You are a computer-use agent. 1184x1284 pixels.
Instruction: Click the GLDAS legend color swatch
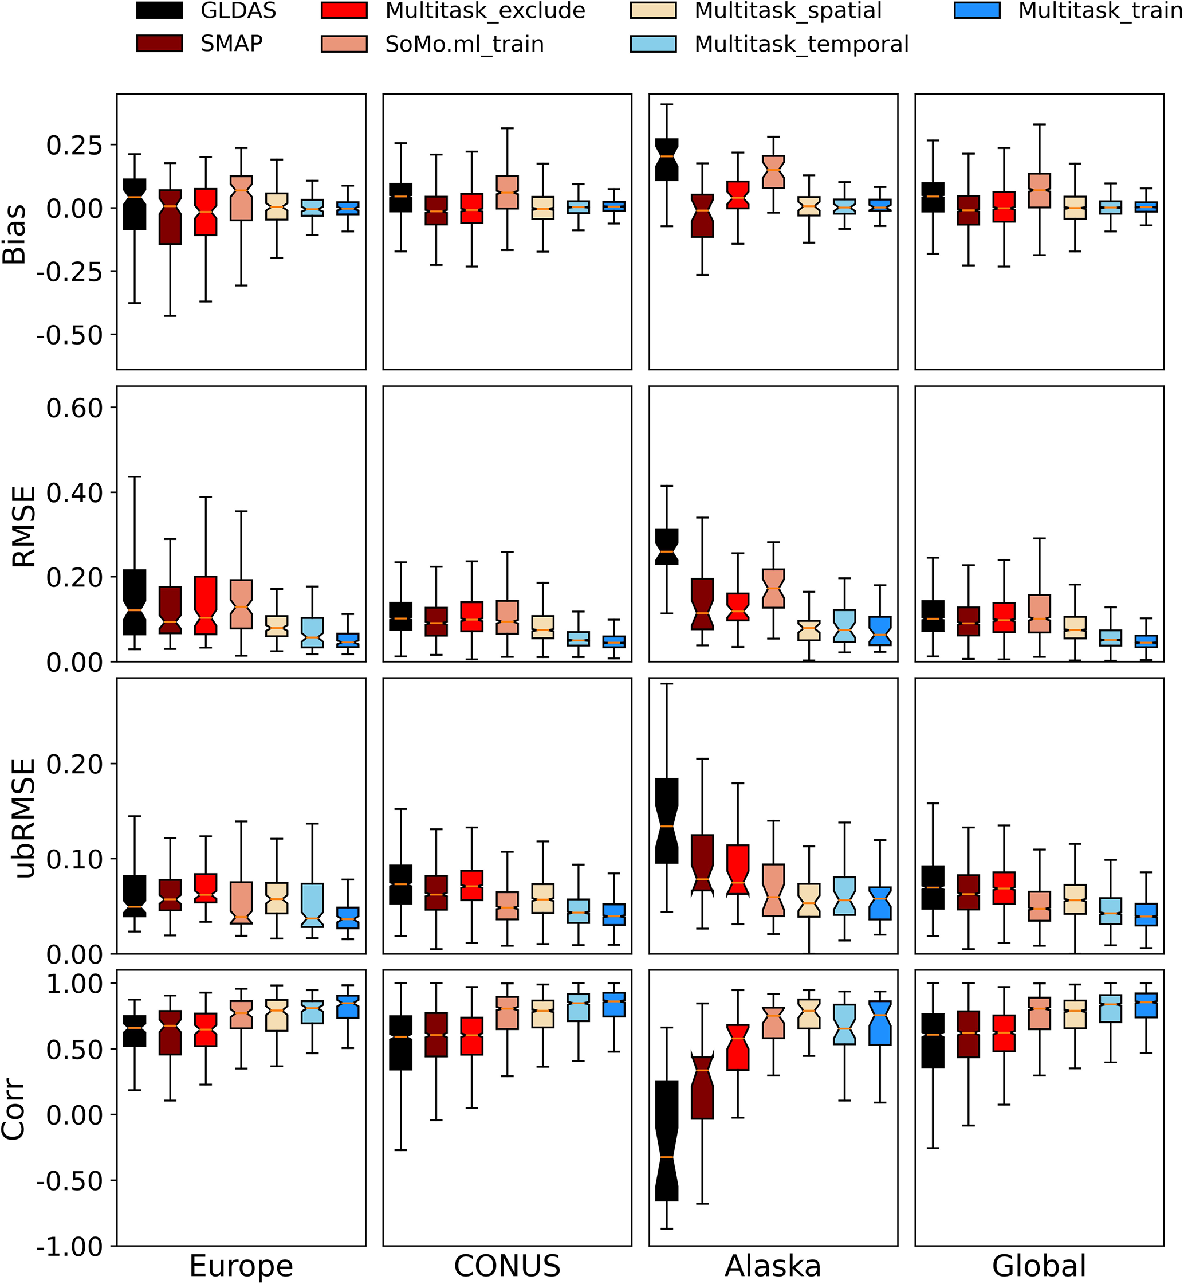point(160,11)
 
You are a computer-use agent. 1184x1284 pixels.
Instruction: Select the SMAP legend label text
point(231,44)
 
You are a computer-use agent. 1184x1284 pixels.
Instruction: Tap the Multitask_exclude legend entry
point(485,11)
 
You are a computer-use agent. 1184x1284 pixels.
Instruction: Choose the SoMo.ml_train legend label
point(465,44)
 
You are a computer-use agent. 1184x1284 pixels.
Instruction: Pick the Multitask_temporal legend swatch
point(653,44)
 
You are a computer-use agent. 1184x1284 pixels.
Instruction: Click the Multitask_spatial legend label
point(788,11)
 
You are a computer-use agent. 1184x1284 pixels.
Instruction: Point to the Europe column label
point(241,1266)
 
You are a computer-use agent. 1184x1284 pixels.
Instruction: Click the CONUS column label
point(507,1266)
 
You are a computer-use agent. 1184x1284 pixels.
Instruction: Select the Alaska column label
point(773,1266)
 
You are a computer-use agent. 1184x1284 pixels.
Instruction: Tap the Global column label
point(1039,1266)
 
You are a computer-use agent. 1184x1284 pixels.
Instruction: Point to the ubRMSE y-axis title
point(25,817)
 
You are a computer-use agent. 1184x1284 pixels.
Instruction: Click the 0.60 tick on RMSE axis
point(74,408)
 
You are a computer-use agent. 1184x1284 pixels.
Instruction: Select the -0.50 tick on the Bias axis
point(69,335)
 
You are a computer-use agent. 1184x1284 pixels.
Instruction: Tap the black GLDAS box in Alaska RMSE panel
point(667,546)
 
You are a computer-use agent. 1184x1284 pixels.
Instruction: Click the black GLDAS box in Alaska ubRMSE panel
point(667,820)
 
